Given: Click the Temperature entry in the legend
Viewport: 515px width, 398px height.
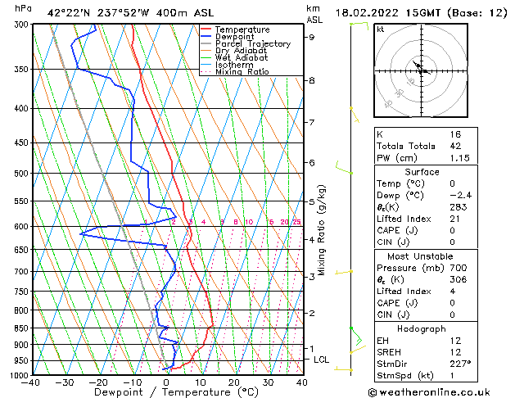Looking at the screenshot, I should pos(242,29).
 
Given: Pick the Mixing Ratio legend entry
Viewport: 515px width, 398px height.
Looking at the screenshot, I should pos(242,72).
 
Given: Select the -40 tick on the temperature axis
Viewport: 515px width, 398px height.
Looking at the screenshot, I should pos(32,382).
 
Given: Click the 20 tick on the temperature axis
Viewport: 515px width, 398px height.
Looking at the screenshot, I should pos(234,382).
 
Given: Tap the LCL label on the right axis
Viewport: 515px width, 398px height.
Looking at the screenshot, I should pos(321,360).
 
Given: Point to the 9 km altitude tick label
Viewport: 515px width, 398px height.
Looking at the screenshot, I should pos(312,37).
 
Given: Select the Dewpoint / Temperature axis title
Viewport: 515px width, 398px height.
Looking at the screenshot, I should pos(166,392).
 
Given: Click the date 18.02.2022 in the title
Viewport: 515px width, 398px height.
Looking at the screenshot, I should pos(378,11).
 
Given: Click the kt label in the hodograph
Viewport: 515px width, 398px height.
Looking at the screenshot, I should pos(380,29).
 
